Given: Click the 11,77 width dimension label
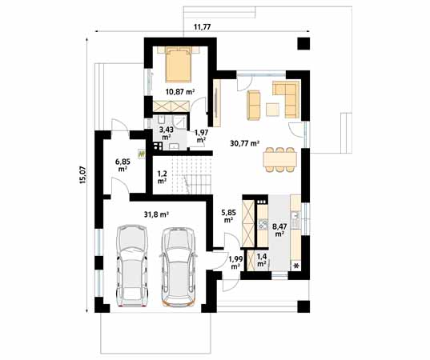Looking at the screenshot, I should point(203,27).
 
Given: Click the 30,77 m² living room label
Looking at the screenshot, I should point(243,143).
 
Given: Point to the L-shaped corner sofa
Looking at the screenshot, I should point(283,97).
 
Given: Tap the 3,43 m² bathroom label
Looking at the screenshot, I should point(166,133).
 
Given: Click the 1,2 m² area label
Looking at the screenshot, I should point(162,177).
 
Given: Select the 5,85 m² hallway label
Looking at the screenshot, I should point(227,215).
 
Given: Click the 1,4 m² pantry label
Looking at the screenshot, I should point(261,260).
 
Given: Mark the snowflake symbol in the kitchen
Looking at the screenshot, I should point(297,265).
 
